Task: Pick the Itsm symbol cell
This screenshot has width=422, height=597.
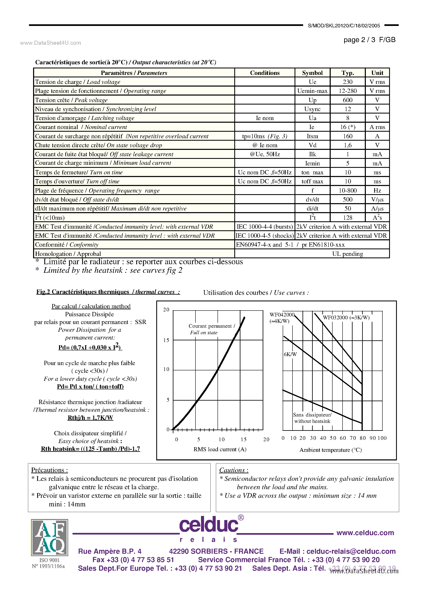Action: pos(312,136)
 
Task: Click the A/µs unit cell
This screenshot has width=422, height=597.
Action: pos(377,208)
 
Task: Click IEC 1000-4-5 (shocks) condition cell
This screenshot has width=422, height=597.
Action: pos(265,236)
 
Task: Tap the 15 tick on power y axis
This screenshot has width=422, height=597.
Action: pos(166,340)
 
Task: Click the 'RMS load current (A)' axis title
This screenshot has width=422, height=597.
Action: pos(220,449)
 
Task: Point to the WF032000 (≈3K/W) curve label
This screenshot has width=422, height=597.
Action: pos(346,317)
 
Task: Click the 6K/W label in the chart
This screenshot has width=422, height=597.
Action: pos(290,354)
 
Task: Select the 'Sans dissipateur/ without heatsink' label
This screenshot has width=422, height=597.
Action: pos(312,418)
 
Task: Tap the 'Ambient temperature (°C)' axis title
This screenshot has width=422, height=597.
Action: pos(330,450)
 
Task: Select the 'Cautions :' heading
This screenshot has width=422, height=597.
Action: pos(234,470)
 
